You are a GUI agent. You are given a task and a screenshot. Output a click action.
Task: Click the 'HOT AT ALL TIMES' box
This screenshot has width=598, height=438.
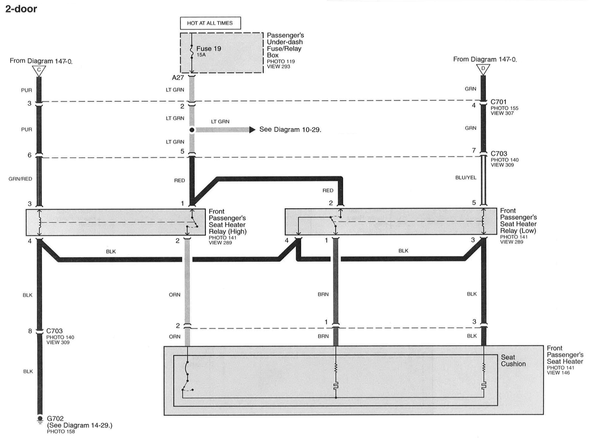tap(210, 23)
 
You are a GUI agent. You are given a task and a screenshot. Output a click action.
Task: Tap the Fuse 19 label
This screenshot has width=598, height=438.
tap(208, 49)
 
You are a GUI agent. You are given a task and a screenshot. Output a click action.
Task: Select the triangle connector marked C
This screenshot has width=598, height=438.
tap(39, 70)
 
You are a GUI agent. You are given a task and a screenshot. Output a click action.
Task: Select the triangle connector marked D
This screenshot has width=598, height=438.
tap(483, 69)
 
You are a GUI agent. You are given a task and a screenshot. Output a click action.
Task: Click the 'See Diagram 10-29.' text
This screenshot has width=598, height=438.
tap(290, 130)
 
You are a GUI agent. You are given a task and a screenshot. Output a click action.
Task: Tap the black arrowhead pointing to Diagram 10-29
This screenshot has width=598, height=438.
tap(252, 130)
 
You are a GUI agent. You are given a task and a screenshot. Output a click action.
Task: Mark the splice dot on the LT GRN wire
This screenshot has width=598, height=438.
tap(192, 130)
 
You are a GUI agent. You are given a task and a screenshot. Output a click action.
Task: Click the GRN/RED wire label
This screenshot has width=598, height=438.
tap(20, 179)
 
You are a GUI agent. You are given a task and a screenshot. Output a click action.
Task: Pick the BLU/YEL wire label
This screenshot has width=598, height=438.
tap(466, 178)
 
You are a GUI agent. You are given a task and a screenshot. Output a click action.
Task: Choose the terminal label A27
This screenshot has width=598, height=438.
tap(178, 78)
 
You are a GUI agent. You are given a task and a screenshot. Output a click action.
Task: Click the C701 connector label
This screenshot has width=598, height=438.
tap(498, 102)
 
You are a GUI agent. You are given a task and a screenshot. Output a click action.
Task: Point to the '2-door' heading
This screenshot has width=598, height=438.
tap(21, 9)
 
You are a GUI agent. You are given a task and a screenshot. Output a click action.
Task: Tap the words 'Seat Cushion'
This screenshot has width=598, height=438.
tap(513, 360)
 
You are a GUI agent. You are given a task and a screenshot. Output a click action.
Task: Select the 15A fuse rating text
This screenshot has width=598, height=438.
tap(201, 55)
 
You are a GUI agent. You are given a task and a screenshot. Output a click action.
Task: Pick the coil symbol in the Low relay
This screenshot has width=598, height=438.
tap(483, 221)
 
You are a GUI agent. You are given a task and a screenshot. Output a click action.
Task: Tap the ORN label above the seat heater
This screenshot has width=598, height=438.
tap(175, 336)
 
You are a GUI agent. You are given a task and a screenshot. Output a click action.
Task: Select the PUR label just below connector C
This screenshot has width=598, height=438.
tap(27, 90)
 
